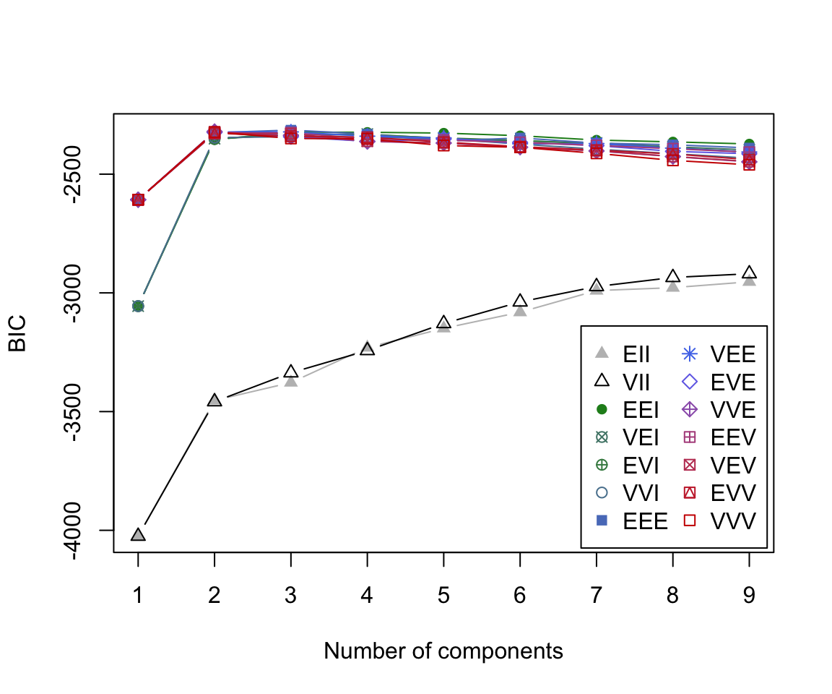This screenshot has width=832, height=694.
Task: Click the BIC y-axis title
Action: pos(17,333)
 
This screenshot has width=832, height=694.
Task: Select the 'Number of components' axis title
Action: pos(443,651)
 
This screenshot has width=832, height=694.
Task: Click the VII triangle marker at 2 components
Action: pos(214,400)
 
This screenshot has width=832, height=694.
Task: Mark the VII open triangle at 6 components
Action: pos(520,301)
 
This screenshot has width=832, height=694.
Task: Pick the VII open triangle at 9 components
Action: pos(749,273)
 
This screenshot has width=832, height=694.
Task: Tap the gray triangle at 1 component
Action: pos(138,535)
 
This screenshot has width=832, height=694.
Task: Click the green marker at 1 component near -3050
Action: pos(138,306)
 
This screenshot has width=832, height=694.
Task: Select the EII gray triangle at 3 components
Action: pos(291,380)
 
